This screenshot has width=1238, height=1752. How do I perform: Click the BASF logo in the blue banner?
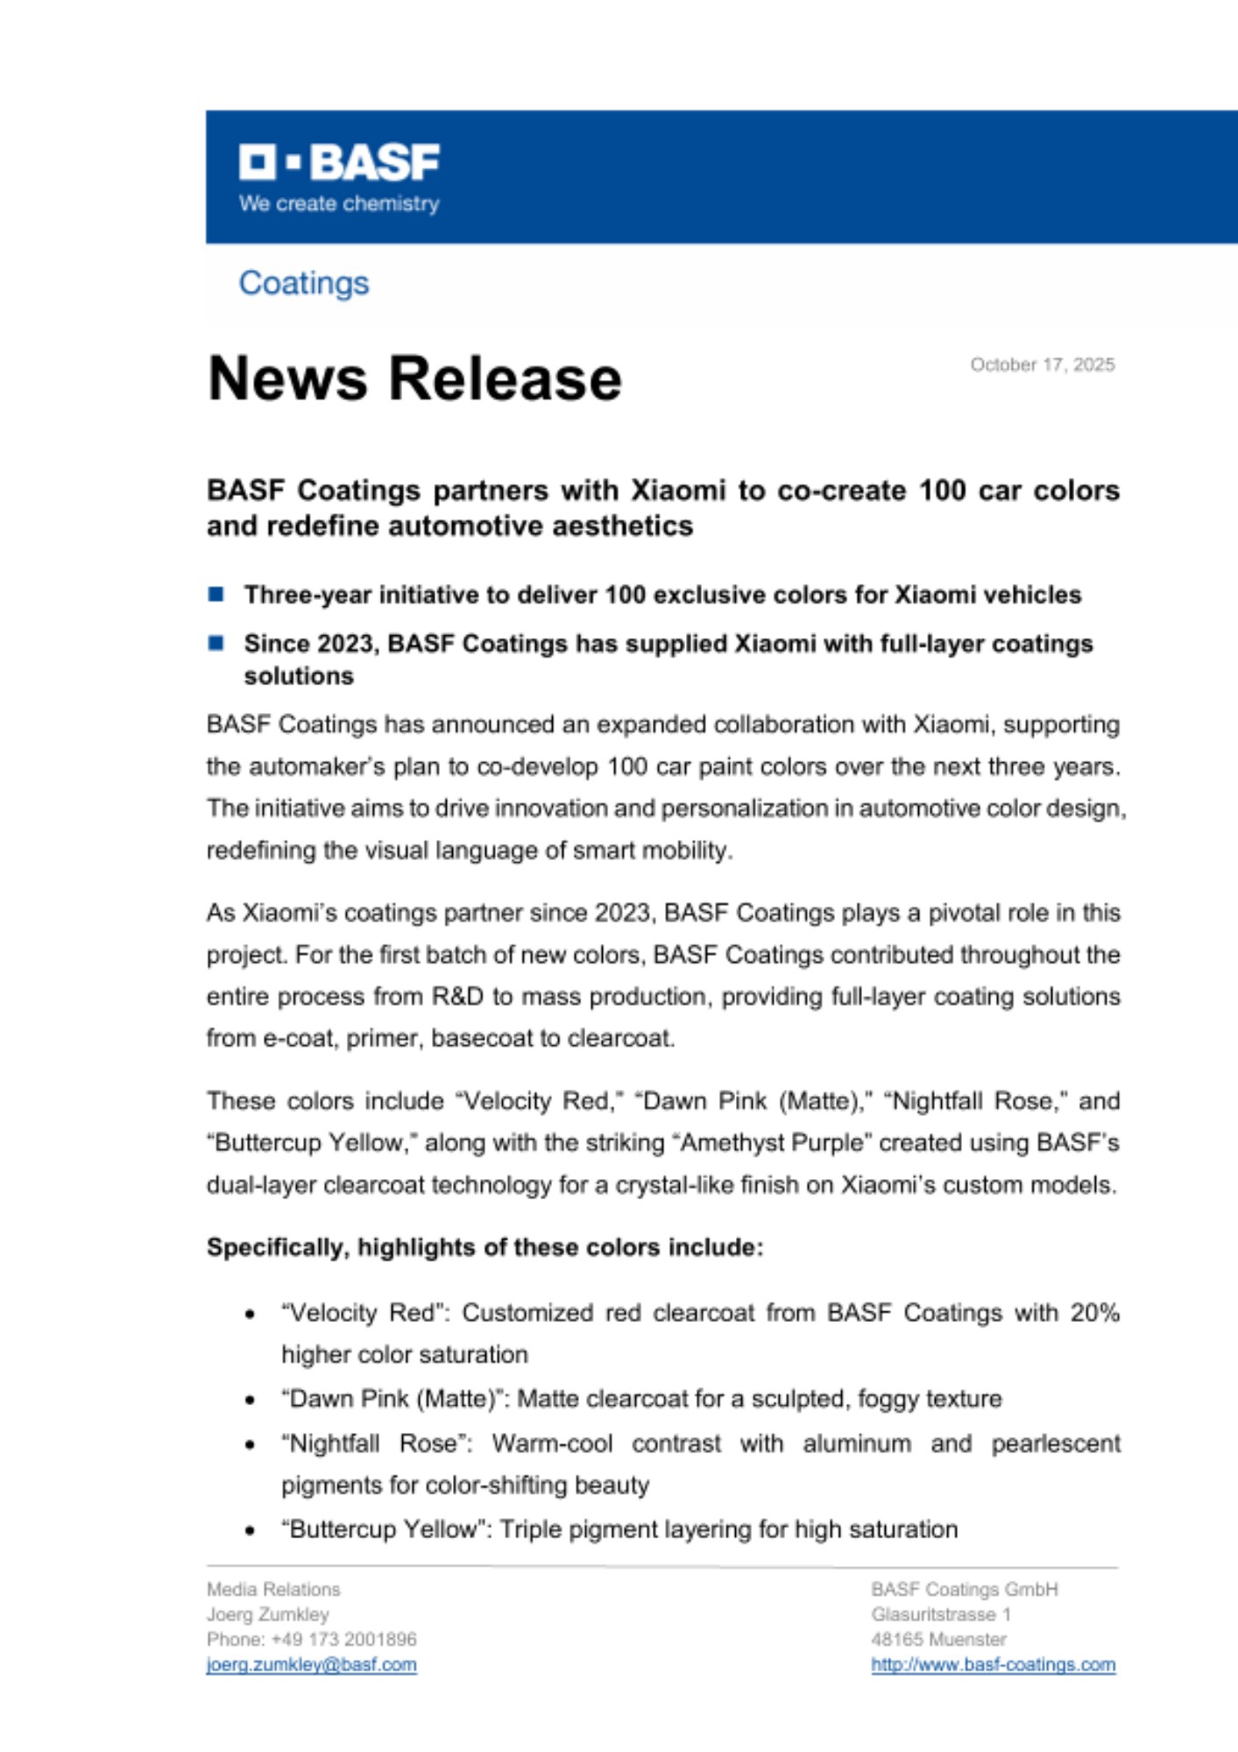pos(339,162)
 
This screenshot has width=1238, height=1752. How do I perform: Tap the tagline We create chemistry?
pos(339,204)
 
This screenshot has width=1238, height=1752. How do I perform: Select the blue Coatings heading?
pos(304,283)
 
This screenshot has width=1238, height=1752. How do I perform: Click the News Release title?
pos(414,378)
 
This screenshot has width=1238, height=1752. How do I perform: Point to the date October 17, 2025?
pos(1042,364)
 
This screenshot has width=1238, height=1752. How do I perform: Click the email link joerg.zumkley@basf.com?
pos(311,1664)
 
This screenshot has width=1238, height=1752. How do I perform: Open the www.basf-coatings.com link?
pos(993,1664)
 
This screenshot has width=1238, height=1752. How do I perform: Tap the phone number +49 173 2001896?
pos(343,1639)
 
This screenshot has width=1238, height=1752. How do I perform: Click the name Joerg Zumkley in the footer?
pos(267,1614)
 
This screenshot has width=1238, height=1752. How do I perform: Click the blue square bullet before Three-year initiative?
pos(216,595)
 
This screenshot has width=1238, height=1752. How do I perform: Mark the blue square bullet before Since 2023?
pos(216,644)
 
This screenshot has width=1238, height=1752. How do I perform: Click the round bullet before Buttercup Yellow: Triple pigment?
pos(251,1530)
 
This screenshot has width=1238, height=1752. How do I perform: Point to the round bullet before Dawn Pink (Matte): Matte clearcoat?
pos(251,1400)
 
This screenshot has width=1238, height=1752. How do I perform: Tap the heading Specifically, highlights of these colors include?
pos(485,1247)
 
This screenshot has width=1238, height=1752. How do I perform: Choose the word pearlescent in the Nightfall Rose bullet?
pos(1055,1443)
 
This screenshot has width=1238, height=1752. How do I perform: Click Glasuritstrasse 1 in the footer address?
pos(940,1614)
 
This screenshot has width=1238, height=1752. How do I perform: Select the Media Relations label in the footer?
pos(273,1589)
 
